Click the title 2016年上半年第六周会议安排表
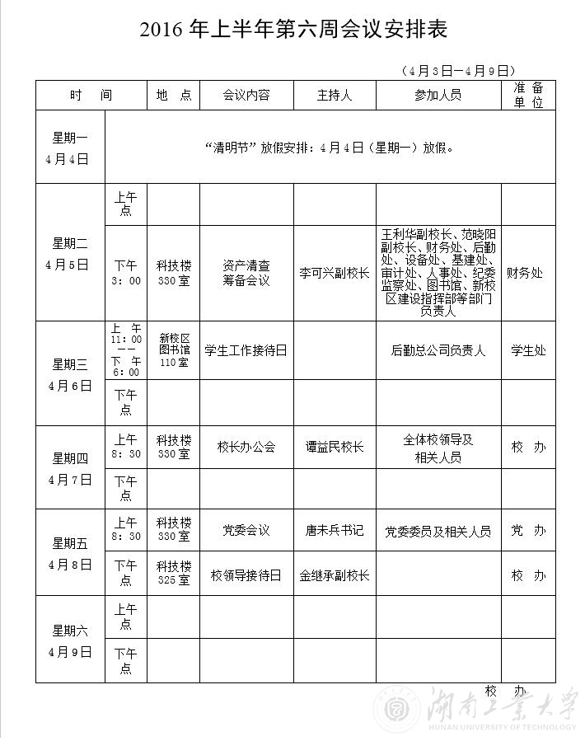292,31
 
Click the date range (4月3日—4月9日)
458,71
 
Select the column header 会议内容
246,96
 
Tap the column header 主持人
335,96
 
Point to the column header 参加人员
438,96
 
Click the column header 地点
173,96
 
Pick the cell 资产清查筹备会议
246,274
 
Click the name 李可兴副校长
335,274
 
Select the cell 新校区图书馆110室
174,350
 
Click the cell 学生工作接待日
246,350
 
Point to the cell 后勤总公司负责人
438,350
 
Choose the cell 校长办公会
246,448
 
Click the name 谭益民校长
335,448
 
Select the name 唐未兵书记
335,531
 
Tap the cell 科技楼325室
174,573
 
